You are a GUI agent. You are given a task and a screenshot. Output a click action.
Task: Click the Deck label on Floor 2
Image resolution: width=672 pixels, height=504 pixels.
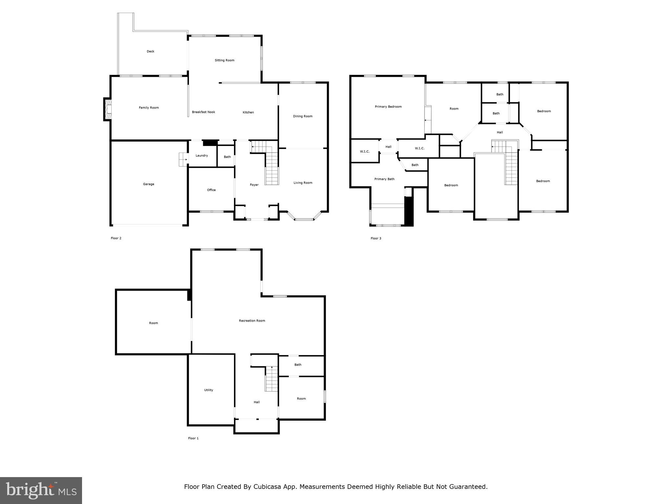click(150, 52)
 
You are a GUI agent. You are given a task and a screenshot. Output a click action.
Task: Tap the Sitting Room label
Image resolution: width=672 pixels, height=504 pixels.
click(224, 60)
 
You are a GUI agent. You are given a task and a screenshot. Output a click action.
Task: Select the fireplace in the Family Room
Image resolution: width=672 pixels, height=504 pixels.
click(108, 109)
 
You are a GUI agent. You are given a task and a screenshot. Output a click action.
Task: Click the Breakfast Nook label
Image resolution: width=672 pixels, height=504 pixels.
click(203, 112)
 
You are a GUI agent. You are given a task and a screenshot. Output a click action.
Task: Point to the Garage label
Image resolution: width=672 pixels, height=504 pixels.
click(148, 184)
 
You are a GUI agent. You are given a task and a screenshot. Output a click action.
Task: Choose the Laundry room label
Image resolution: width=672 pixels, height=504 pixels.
click(201, 156)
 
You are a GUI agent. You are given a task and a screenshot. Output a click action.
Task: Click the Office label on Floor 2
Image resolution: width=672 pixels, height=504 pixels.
click(211, 190)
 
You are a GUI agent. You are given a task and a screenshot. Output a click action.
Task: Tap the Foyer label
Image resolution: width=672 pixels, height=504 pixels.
click(254, 185)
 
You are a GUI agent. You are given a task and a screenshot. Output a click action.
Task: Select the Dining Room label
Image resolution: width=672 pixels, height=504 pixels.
click(303, 116)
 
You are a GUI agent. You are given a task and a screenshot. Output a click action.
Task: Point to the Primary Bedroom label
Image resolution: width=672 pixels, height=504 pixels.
click(388, 107)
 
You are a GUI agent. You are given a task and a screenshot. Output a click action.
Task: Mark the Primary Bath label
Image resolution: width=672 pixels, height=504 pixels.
click(384, 179)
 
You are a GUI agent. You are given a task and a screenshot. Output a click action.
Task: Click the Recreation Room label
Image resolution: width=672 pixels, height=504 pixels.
click(252, 321)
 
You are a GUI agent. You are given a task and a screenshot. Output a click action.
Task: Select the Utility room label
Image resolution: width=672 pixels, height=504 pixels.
click(208, 390)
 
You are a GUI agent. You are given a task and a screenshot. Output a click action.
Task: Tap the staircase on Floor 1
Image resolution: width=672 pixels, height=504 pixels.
click(271, 379)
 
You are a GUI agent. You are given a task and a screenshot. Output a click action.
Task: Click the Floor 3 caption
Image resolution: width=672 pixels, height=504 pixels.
click(376, 239)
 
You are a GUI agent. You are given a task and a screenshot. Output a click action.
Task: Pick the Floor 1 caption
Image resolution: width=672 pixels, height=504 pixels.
click(193, 438)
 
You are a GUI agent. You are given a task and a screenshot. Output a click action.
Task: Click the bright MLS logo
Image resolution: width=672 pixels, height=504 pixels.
click(41, 491)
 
